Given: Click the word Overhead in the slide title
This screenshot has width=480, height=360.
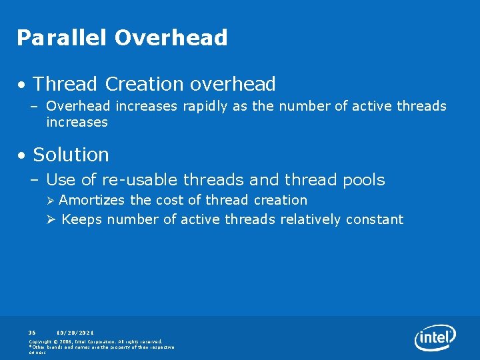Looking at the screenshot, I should point(171,38).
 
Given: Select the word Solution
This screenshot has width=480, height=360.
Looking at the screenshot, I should point(71,155).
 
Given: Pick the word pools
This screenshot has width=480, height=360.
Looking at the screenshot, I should point(363,180).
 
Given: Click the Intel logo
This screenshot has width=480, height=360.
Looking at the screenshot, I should point(435,338).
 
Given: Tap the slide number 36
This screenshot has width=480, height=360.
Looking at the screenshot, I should point(33,332).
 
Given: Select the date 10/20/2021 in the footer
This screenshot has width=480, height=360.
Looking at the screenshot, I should point(75,332).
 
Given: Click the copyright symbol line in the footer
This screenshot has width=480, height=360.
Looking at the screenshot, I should point(95,341).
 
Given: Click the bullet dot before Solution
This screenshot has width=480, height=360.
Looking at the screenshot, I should point(23,156).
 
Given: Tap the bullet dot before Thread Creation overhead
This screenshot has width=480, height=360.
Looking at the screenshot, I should point(23,86).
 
